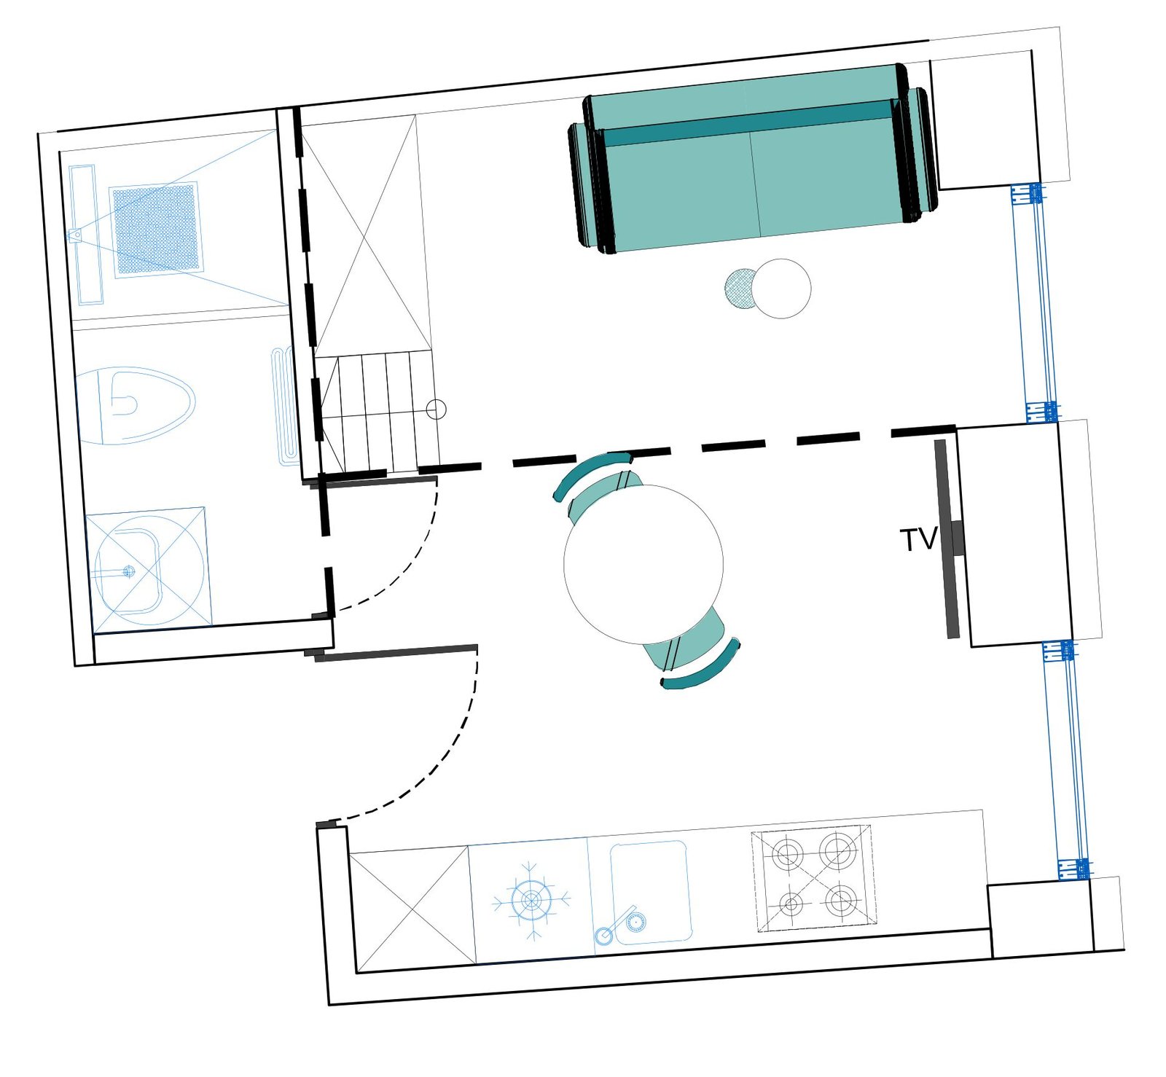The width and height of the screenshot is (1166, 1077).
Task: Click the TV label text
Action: (918, 540)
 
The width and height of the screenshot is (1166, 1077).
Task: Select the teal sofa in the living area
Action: (751, 158)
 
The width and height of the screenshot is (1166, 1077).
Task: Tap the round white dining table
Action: (643, 564)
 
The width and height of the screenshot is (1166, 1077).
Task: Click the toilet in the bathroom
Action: (136, 405)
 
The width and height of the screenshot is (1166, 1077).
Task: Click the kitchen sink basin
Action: (650, 892)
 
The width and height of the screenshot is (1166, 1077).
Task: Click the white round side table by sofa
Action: (780, 289)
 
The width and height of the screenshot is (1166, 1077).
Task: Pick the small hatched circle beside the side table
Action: (740, 288)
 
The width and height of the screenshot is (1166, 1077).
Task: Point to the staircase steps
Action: (378, 412)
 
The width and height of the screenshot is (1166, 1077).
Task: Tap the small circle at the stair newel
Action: (436, 410)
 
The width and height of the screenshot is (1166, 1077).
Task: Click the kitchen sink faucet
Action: (616, 925)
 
